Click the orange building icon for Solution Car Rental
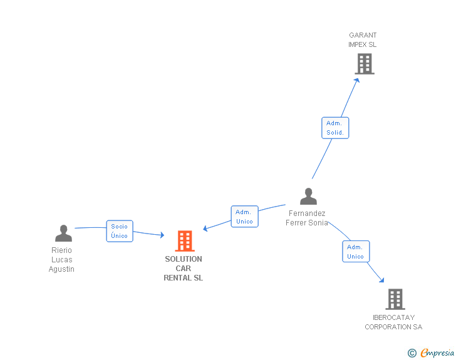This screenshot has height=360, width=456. click(185, 241)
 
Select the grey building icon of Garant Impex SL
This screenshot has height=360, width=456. click(365, 64)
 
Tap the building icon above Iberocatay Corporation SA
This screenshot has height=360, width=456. click(395, 299)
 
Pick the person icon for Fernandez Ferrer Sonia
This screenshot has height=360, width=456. click(308, 197)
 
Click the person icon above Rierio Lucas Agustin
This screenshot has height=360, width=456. click(63, 233)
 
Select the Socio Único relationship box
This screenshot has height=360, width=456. click(120, 231)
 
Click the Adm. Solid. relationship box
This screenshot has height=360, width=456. click(335, 128)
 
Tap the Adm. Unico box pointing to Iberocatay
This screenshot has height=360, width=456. click(356, 252)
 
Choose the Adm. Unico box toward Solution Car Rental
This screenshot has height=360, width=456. click(244, 217)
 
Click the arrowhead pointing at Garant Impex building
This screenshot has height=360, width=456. click(357, 80)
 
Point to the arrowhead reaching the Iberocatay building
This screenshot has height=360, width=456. click(381, 280)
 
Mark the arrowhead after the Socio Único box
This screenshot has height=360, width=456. click(162, 235)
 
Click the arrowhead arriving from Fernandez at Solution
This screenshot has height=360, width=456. click(205, 229)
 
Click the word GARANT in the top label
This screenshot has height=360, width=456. click(363, 35)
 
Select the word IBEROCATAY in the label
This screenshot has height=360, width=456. click(393, 317)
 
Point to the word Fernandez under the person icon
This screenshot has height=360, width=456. click(307, 213)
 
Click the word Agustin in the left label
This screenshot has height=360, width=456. click(61, 269)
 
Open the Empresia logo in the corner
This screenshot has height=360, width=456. click(437, 353)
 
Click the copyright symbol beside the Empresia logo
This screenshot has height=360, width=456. click(412, 353)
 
